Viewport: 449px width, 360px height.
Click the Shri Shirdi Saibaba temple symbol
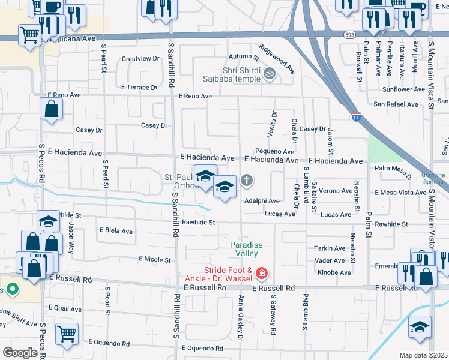pyautogui.click(x=270, y=74)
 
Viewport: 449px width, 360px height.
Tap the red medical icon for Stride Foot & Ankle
pyautogui.click(x=261, y=274)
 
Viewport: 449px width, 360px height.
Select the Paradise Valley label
pyautogui.click(x=247, y=249)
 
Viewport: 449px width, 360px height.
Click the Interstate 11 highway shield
pyautogui.click(x=356, y=117)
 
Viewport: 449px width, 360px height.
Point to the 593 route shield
pyautogui.click(x=349, y=35)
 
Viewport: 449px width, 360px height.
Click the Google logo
pyautogui.click(x=20, y=353)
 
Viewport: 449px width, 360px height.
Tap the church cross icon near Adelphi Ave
pyautogui.click(x=247, y=180)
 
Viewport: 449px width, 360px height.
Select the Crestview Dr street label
pyautogui.click(x=140, y=59)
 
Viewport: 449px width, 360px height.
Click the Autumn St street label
pyautogui.click(x=243, y=58)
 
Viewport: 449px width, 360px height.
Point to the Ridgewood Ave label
pyautogui.click(x=277, y=59)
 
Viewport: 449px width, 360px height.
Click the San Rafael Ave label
pyautogui.click(x=396, y=104)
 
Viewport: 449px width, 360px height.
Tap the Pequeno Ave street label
pyautogui.click(x=274, y=152)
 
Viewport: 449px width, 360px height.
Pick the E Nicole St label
pyautogui.click(x=154, y=259)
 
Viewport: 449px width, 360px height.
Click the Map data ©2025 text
pyautogui.click(x=423, y=355)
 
